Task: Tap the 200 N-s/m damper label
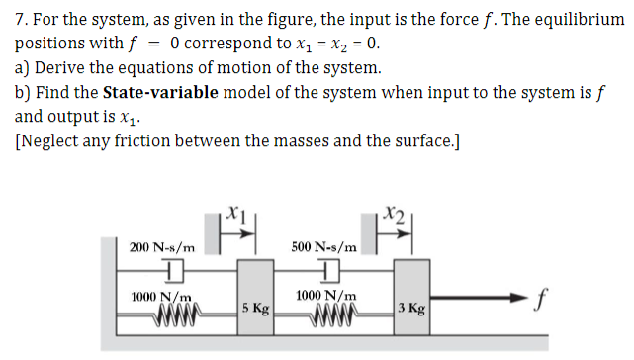coord(162,246)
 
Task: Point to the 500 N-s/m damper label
coord(326,246)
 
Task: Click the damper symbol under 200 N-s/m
coord(175,270)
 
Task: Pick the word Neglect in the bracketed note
coord(51,140)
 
